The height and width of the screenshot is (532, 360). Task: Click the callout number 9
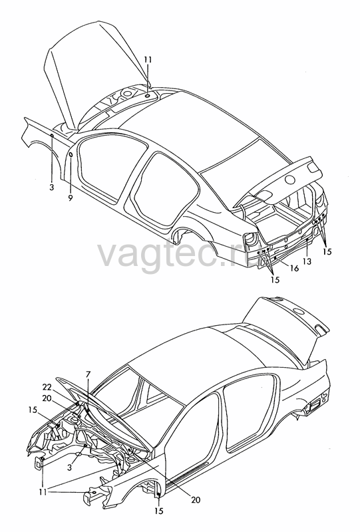coord(70,198)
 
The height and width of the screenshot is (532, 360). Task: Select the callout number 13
coord(307,261)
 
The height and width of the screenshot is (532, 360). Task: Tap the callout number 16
coord(294,268)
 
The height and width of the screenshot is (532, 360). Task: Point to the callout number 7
coord(88,374)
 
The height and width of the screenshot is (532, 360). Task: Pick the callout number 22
coord(47,387)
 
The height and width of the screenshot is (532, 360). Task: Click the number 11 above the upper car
coord(148,60)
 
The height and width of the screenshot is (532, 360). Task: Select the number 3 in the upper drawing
coord(52,187)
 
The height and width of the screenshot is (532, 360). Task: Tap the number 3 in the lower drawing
coord(70,468)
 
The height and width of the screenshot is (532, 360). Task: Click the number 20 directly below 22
coord(47,398)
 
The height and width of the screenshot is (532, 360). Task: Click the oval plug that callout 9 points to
coord(71,155)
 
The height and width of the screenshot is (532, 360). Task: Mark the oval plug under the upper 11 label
coord(148,96)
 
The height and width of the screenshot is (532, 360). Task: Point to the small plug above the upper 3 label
coord(52,136)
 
